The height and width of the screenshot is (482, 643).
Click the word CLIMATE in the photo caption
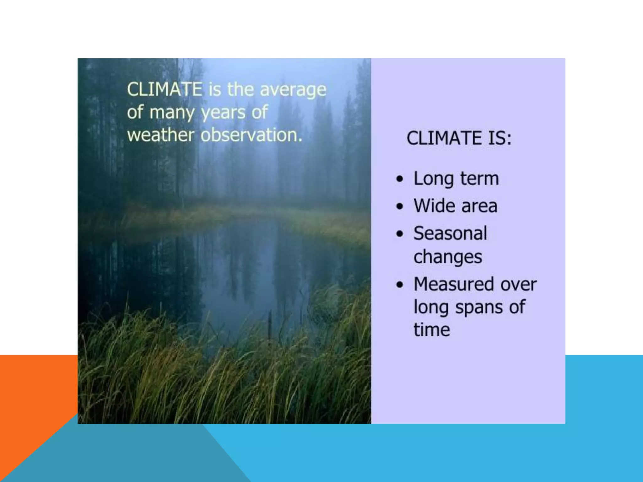point(165,89)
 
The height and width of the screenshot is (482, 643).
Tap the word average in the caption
point(293,90)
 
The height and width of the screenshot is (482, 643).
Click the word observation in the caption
point(251,135)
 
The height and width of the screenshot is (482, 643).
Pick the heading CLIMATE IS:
point(459,138)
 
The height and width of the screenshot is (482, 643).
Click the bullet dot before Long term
point(399,179)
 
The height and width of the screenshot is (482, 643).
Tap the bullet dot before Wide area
point(399,206)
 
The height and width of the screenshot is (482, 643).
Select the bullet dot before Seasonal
point(399,234)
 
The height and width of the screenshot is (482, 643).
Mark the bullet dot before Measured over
point(399,285)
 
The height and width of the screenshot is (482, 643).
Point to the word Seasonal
point(450,233)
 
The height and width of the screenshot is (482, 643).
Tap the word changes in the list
point(448,257)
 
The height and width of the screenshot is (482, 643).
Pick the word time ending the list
point(432,330)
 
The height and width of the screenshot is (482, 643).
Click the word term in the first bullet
point(479,179)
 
